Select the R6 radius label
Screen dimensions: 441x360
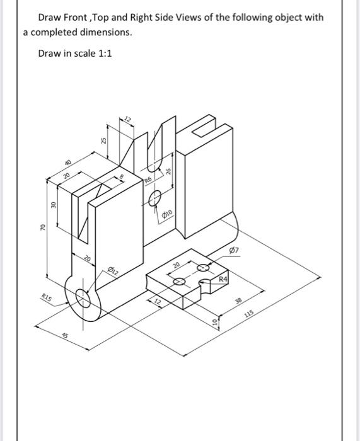point(149,181)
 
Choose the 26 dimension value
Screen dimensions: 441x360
point(168,171)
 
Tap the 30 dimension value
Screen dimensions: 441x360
point(54,205)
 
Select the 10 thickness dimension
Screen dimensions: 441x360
point(214,323)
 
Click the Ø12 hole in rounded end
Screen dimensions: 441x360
point(85,297)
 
